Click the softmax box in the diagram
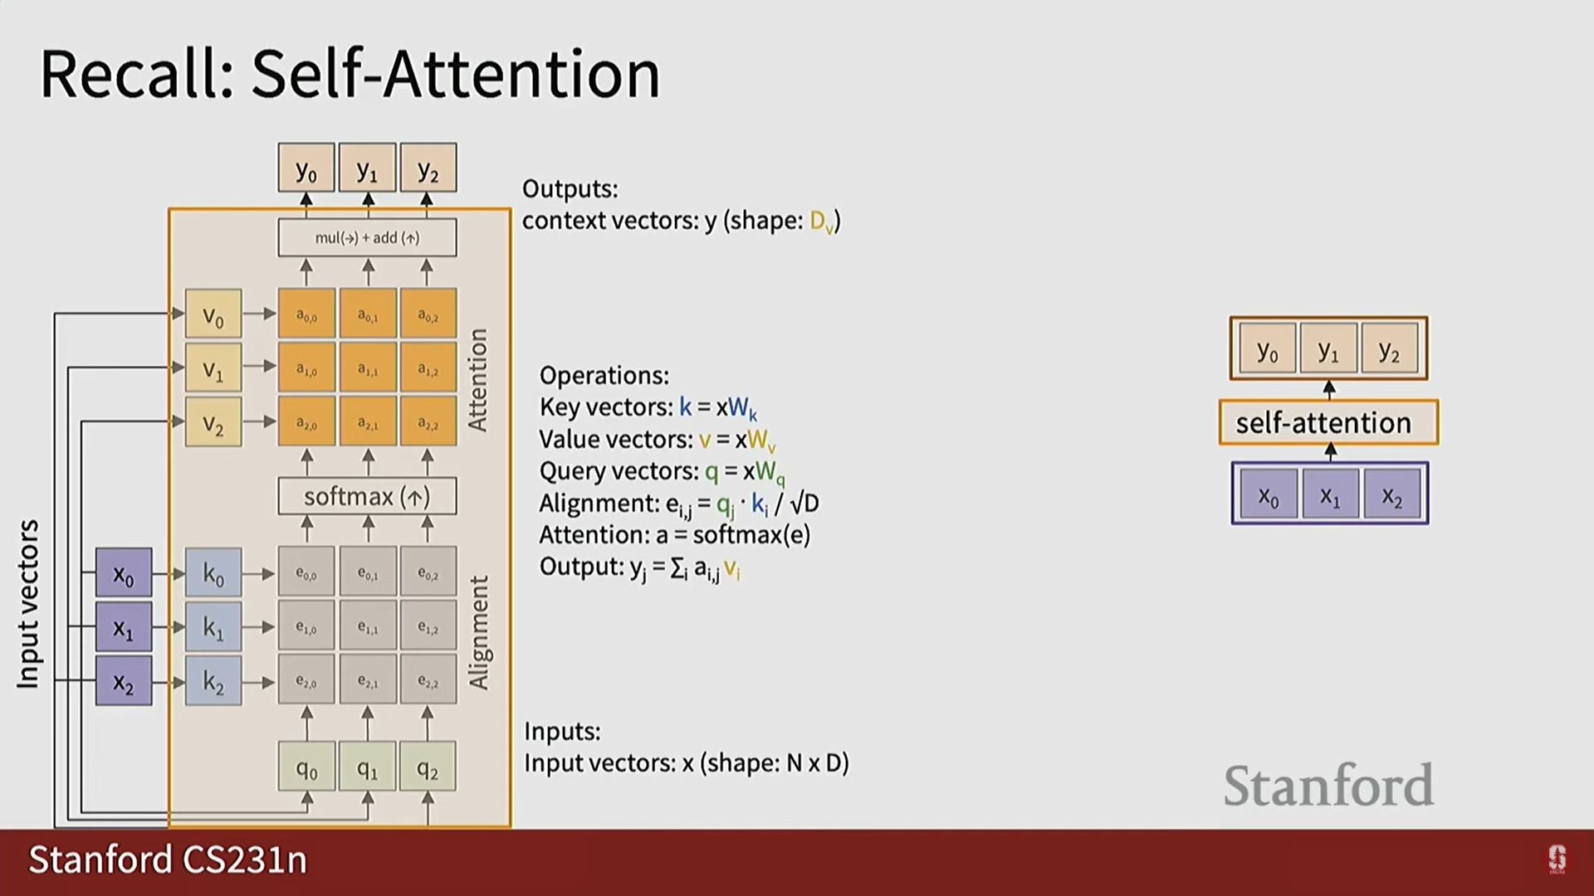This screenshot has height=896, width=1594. point(367,496)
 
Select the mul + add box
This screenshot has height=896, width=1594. point(367,238)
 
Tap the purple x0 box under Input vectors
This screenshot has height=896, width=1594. point(124,572)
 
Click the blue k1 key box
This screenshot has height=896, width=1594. point(213,627)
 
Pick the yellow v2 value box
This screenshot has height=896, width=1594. point(213,422)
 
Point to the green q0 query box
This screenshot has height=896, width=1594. point(306,767)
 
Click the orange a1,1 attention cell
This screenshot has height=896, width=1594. point(368,368)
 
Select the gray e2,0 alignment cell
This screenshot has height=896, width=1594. point(306,681)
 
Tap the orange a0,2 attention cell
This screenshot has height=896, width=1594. point(428,314)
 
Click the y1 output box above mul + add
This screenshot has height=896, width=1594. point(367,168)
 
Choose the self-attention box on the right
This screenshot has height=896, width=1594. point(1328,422)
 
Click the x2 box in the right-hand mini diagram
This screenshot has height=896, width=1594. point(1392,494)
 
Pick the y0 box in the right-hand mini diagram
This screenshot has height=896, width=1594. point(1268,349)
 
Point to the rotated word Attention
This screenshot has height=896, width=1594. point(477,380)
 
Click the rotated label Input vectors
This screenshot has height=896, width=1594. point(28,604)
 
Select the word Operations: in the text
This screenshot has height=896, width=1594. point(604,376)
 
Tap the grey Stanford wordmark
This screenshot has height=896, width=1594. point(1328,785)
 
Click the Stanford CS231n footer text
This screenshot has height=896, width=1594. point(168,859)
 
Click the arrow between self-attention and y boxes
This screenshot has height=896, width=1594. point(1329,390)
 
